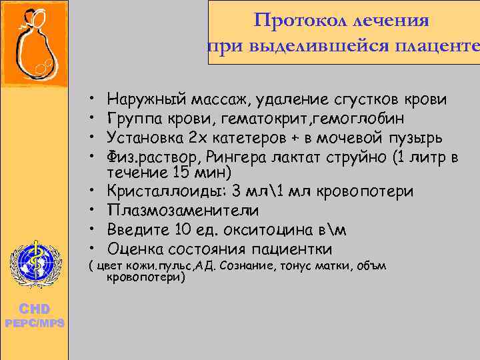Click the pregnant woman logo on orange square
pyautogui.click(x=33, y=45)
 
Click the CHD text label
pyautogui.click(x=33, y=309)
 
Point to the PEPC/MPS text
pyautogui.click(x=33, y=323)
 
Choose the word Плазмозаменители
pyautogui.click(x=177, y=211)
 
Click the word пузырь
pyautogui.click(x=413, y=138)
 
